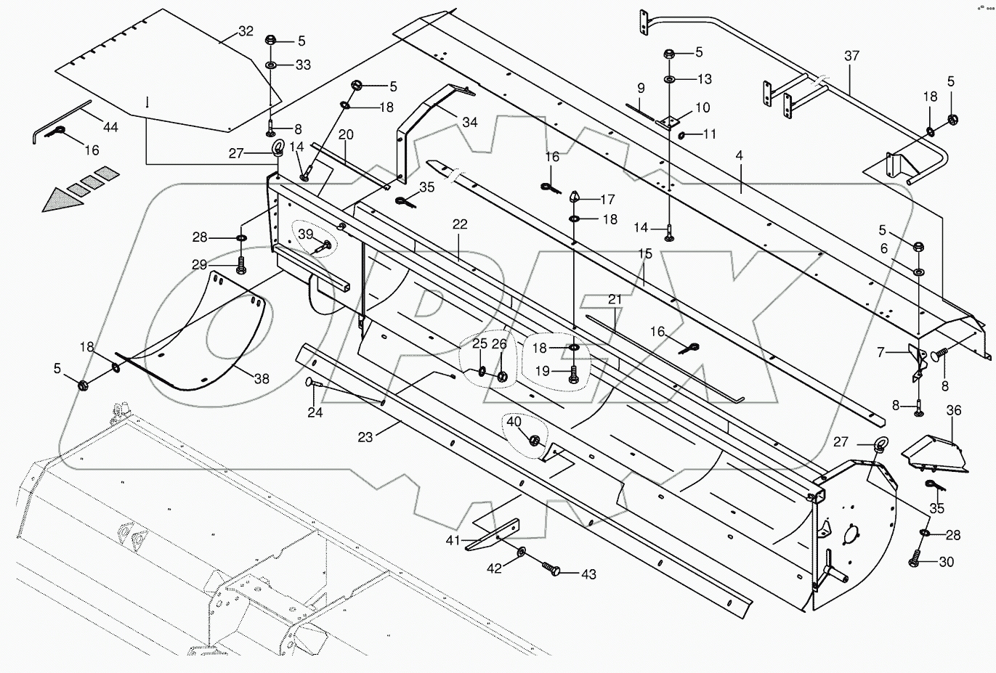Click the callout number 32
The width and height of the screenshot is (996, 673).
click(246, 31)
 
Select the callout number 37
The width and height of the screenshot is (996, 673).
click(851, 56)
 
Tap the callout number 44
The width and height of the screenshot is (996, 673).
click(110, 127)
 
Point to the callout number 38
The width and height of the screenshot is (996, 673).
click(262, 378)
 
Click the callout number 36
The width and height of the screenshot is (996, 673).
click(953, 411)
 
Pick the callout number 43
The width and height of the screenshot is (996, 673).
click(588, 574)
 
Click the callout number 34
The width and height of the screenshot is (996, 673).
click(469, 122)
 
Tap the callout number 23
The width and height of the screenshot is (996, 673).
click(365, 438)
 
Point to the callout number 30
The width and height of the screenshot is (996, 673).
click(946, 562)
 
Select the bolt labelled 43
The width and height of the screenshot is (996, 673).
click(554, 568)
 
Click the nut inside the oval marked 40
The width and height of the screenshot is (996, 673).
click(535, 440)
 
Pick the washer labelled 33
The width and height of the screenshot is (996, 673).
click(270, 65)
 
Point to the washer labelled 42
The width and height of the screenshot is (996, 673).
click(522, 554)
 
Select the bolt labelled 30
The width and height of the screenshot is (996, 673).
click(914, 560)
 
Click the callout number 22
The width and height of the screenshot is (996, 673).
click(459, 224)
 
